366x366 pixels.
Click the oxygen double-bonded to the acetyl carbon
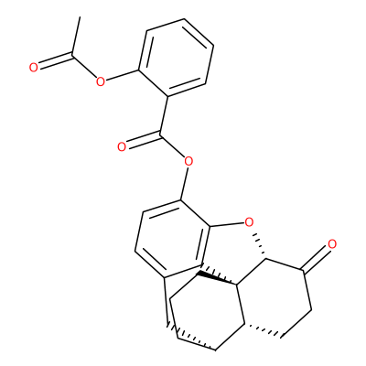coord(34,68)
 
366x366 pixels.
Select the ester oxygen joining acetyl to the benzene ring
coord(100,81)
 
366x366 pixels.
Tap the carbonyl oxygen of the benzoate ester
coord(122,147)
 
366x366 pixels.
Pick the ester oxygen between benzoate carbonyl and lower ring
coord(188,161)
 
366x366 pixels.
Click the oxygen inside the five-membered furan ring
coord(249,222)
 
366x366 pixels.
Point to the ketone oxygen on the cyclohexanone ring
coord(332,244)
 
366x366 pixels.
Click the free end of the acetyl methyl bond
coord(80,17)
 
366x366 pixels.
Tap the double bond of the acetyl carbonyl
coord(55,60)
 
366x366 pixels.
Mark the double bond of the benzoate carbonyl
coord(144,139)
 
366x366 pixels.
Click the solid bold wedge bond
coord(218,278)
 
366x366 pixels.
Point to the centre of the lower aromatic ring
coord(173,239)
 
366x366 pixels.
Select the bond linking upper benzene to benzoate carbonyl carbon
coord(164,114)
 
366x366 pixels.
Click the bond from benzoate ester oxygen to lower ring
coord(184,183)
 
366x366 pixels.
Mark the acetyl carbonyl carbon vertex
coord(72,54)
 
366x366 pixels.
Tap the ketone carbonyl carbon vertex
coord(302,270)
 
